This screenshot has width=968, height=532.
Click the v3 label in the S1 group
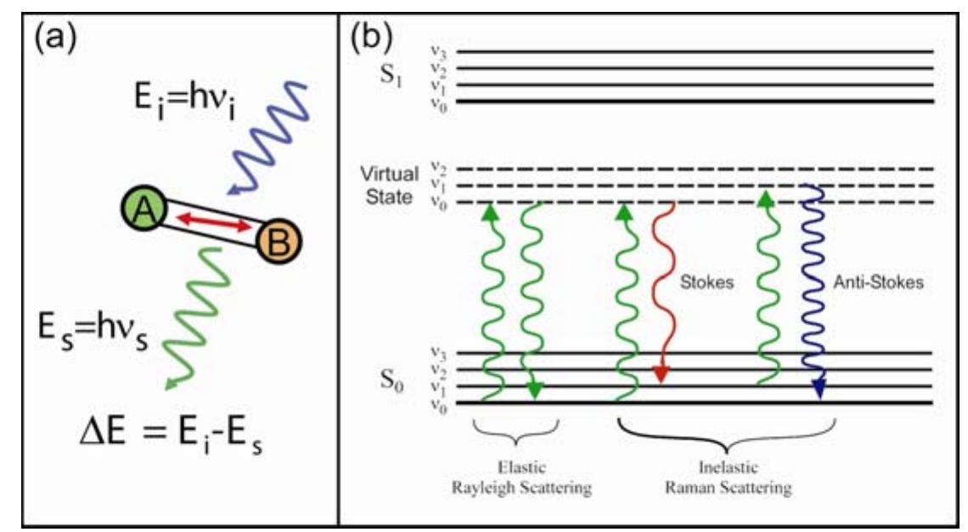click(438, 53)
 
